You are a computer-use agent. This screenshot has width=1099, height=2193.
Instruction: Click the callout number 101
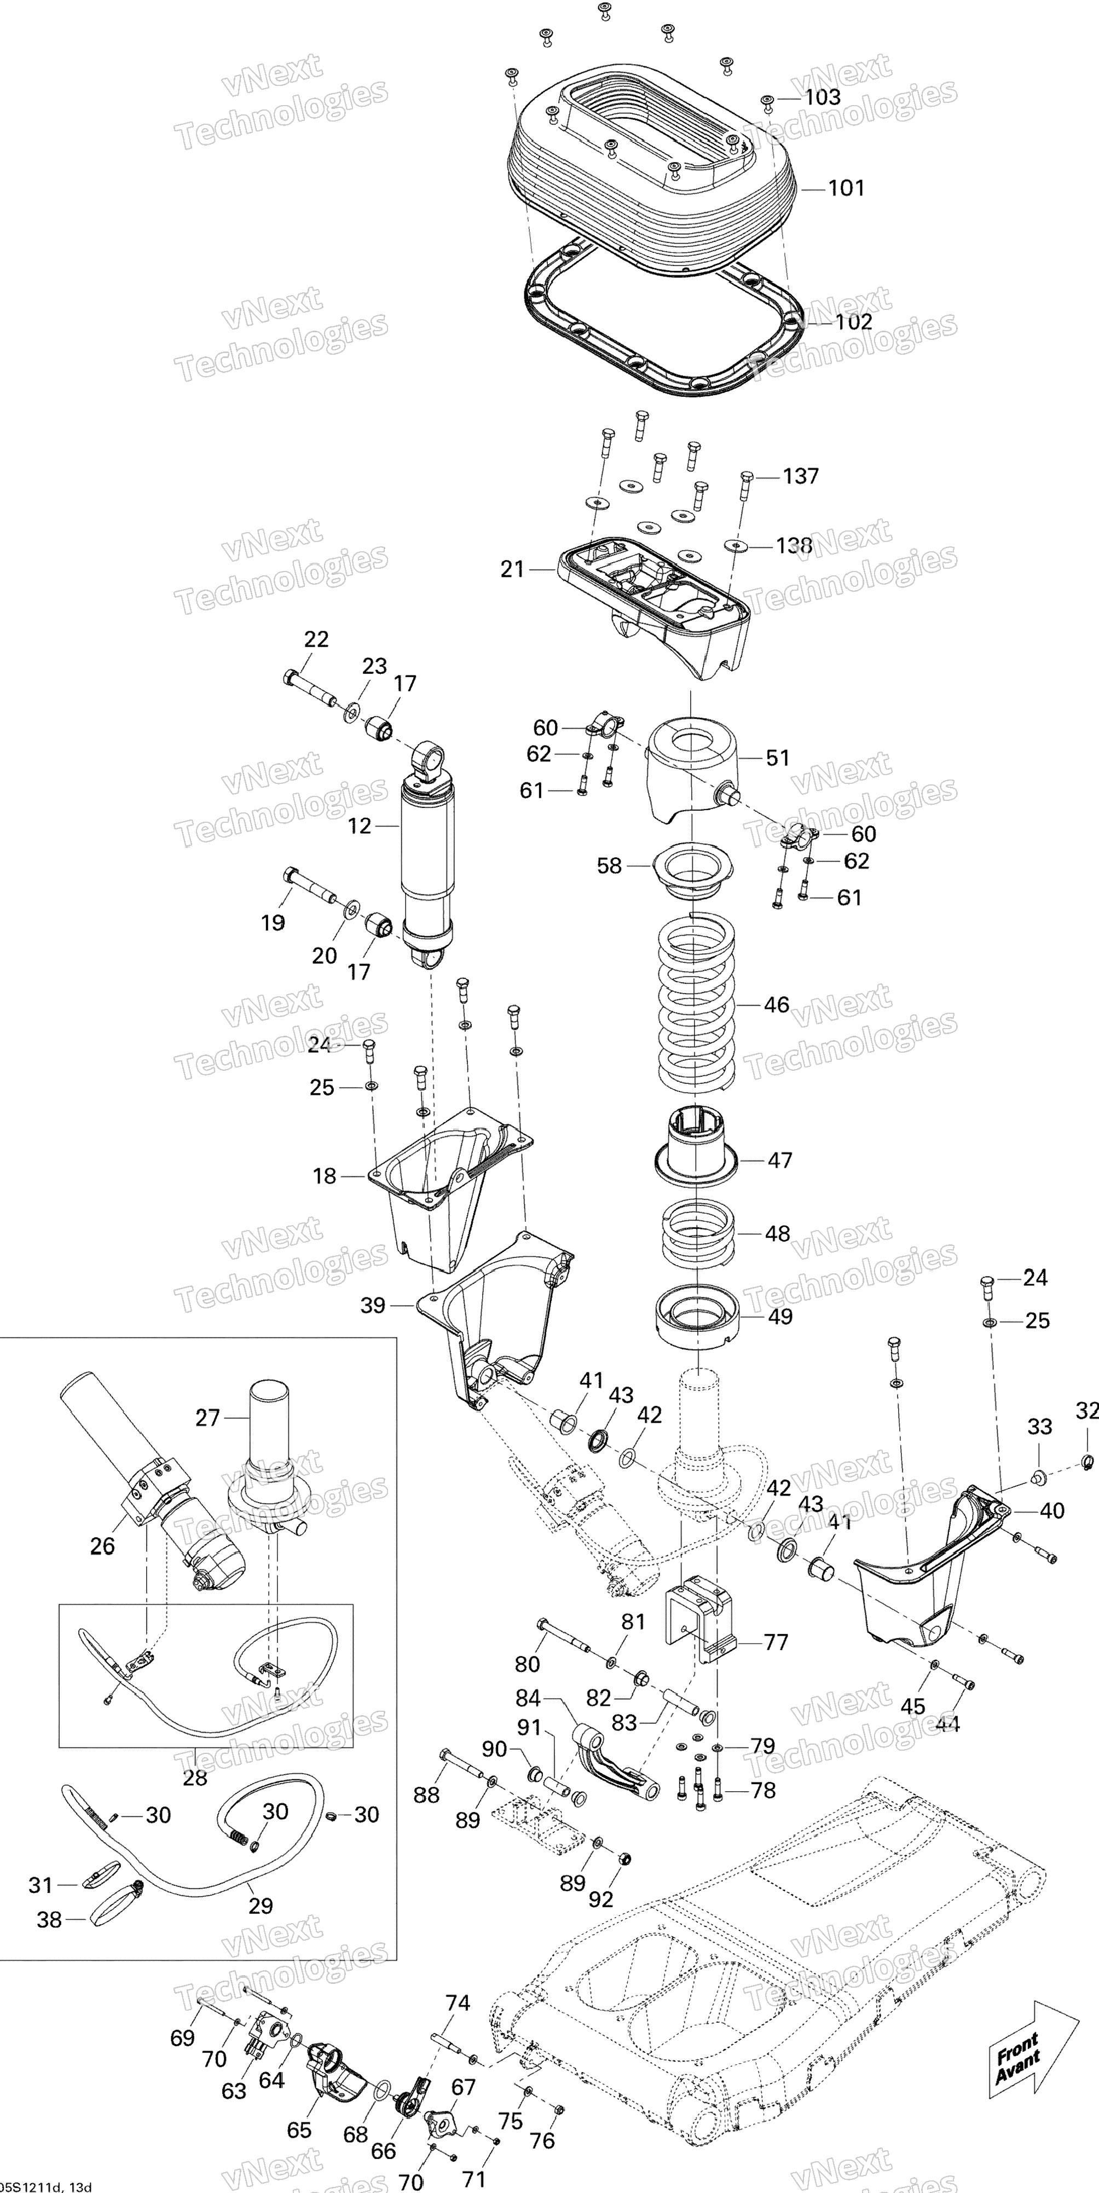click(x=846, y=188)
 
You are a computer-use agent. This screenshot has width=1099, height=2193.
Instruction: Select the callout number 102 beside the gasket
click(x=854, y=322)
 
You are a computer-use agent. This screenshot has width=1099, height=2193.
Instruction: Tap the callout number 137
click(x=800, y=476)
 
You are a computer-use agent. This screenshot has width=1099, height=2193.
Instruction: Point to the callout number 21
click(x=512, y=569)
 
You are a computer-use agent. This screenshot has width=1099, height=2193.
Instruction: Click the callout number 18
click(x=325, y=1176)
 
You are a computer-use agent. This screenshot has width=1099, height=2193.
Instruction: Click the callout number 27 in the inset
click(x=208, y=1417)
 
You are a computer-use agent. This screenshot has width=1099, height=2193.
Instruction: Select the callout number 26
click(x=102, y=1545)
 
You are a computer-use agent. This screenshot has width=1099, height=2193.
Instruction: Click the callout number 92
click(x=601, y=1899)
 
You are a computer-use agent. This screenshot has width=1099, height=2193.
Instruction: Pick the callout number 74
click(x=458, y=2003)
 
